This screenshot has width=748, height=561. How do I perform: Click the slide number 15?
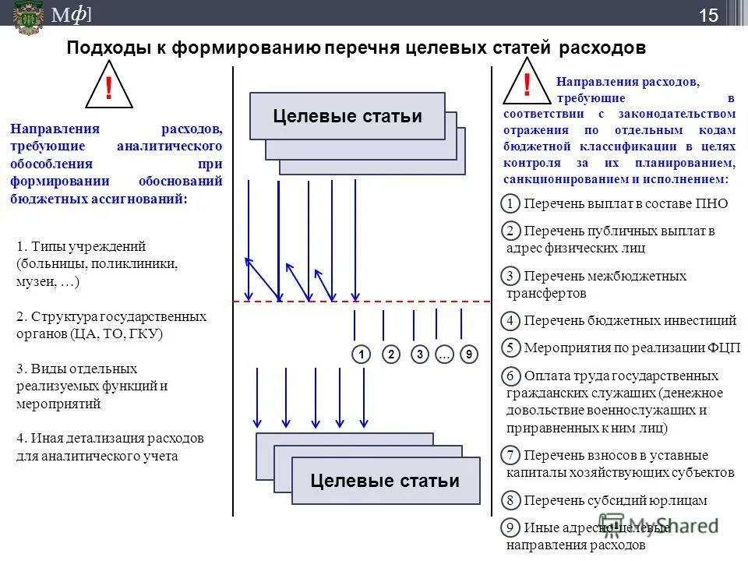pyautogui.click(x=708, y=15)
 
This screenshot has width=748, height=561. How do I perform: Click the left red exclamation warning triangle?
pyautogui.click(x=108, y=87)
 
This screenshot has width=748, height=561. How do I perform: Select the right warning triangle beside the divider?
pyautogui.click(x=527, y=85)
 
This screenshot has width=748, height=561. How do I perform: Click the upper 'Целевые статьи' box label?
pyautogui.click(x=348, y=116)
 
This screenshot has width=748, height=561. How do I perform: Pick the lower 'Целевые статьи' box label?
pyautogui.click(x=384, y=480)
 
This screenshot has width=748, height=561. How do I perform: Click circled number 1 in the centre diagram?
pyautogui.click(x=361, y=355)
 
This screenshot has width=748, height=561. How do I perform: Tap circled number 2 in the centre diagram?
pyautogui.click(x=391, y=355)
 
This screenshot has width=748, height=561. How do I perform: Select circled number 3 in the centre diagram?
pyautogui.click(x=420, y=355)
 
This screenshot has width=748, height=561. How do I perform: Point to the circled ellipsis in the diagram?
pyautogui.click(x=444, y=355)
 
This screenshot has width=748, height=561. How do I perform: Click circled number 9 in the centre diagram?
pyautogui.click(x=468, y=355)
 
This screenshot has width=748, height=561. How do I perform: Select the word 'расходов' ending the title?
pyautogui.click(x=602, y=48)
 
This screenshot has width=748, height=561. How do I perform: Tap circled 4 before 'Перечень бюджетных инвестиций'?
pyautogui.click(x=510, y=320)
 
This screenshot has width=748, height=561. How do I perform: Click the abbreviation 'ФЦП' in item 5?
pyautogui.click(x=724, y=348)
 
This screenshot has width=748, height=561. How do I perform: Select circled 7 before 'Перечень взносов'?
pyautogui.click(x=510, y=455)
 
